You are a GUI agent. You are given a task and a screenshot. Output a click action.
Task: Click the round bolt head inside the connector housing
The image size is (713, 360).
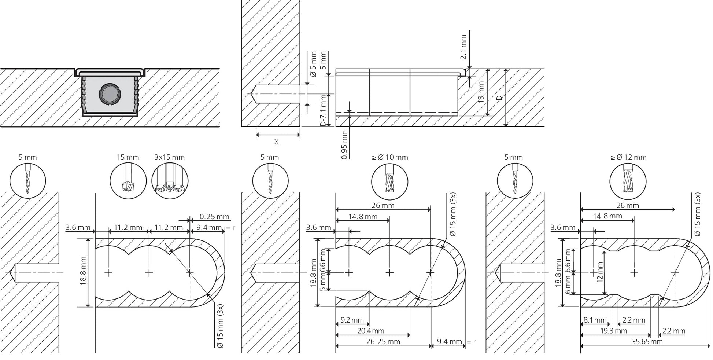(110, 94)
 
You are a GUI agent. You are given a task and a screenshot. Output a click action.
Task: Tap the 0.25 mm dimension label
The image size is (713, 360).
(214, 217)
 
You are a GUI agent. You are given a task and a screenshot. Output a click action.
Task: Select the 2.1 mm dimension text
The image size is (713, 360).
(463, 47)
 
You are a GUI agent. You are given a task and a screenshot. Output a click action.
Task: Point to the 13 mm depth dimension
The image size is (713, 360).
(481, 92)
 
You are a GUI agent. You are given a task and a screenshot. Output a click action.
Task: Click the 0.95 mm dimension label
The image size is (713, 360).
(344, 145)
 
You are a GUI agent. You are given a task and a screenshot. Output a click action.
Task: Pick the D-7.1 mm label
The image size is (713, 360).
(323, 110)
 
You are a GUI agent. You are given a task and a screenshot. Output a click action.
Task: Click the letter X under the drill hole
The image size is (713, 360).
(276, 142)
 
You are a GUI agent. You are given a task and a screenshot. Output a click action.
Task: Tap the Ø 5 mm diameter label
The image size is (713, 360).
(313, 64)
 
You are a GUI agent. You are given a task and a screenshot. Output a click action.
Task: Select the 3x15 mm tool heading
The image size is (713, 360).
(169, 157)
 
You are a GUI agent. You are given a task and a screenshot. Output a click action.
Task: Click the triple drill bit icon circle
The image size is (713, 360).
(170, 181)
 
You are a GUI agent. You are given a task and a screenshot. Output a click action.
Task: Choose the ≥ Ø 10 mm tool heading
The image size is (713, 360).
(390, 157)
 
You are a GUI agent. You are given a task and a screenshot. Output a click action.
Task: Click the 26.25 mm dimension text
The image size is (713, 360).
(383, 342)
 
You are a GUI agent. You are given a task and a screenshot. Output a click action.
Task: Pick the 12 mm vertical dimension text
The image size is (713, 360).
(600, 272)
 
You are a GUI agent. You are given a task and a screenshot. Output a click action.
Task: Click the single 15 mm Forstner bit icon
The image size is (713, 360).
(128, 181)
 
